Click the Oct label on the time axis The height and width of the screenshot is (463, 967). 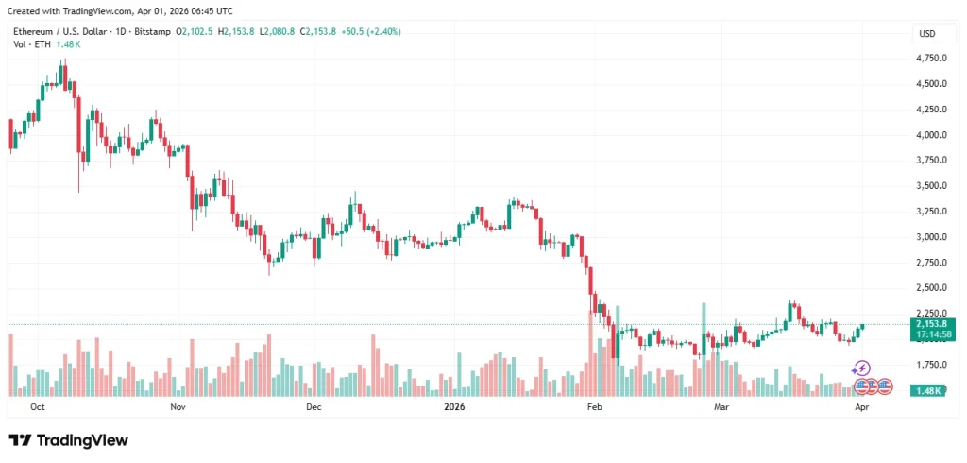(38, 407)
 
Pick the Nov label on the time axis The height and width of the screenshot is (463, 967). (178, 407)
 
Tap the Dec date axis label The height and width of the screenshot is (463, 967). (314, 407)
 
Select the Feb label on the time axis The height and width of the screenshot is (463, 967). (594, 407)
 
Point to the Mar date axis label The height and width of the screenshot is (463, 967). (721, 407)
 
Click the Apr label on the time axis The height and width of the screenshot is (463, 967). (861, 407)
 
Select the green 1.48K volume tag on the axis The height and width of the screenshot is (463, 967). (927, 390)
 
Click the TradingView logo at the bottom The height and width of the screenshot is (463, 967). (68, 440)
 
